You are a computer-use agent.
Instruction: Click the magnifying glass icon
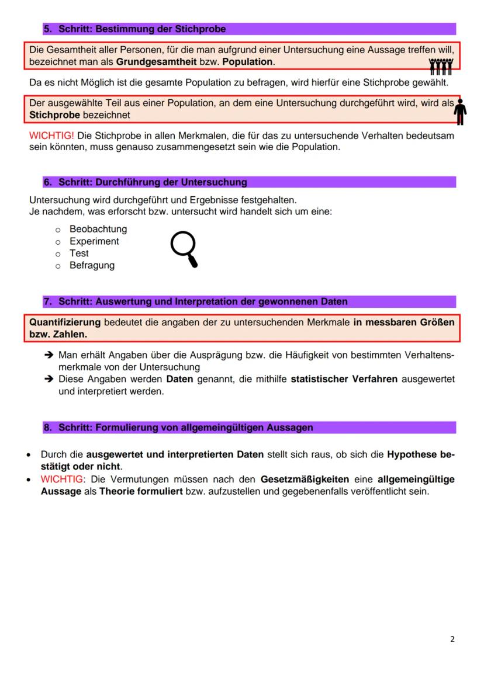click(184, 249)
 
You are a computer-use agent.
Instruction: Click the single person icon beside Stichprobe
click(461, 112)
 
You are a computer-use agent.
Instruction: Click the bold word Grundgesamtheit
click(156, 62)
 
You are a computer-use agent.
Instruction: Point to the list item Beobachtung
click(98, 229)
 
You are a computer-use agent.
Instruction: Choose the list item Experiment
click(94, 241)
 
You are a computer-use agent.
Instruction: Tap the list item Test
click(79, 254)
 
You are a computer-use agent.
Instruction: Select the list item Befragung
click(92, 265)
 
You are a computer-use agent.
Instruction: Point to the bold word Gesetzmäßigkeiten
click(305, 480)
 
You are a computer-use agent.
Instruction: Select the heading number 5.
click(47, 29)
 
